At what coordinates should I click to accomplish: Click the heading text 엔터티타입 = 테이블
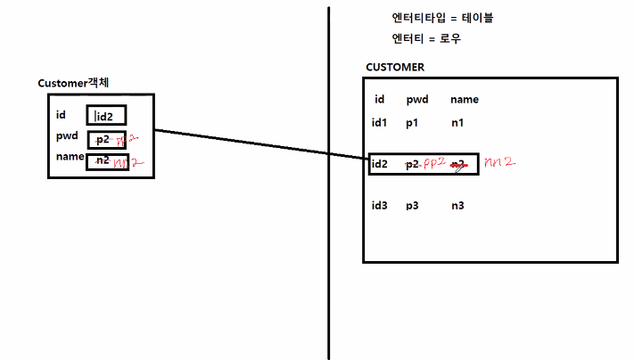coord(442,19)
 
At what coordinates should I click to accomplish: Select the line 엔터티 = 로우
coord(426,39)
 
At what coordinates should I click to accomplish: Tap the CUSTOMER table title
coord(395,68)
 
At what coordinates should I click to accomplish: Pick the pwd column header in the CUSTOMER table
coord(417,100)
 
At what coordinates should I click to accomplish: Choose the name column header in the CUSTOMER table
coord(465,100)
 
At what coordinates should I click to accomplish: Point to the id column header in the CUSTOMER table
coord(379,100)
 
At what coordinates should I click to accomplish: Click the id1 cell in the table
coord(380,122)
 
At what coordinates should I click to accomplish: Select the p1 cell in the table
coord(412,122)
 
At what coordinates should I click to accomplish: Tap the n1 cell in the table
coord(457,122)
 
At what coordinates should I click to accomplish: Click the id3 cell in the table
coord(380,206)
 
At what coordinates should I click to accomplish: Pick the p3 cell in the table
coord(412,206)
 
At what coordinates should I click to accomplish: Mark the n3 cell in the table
coord(457,206)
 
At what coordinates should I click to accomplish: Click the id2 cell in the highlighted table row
coord(381,164)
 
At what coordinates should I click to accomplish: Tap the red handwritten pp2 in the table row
coord(433,163)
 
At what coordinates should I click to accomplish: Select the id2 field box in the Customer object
coord(106,115)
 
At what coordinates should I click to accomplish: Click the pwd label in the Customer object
coord(67,136)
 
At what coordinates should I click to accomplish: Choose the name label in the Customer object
coord(69,157)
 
